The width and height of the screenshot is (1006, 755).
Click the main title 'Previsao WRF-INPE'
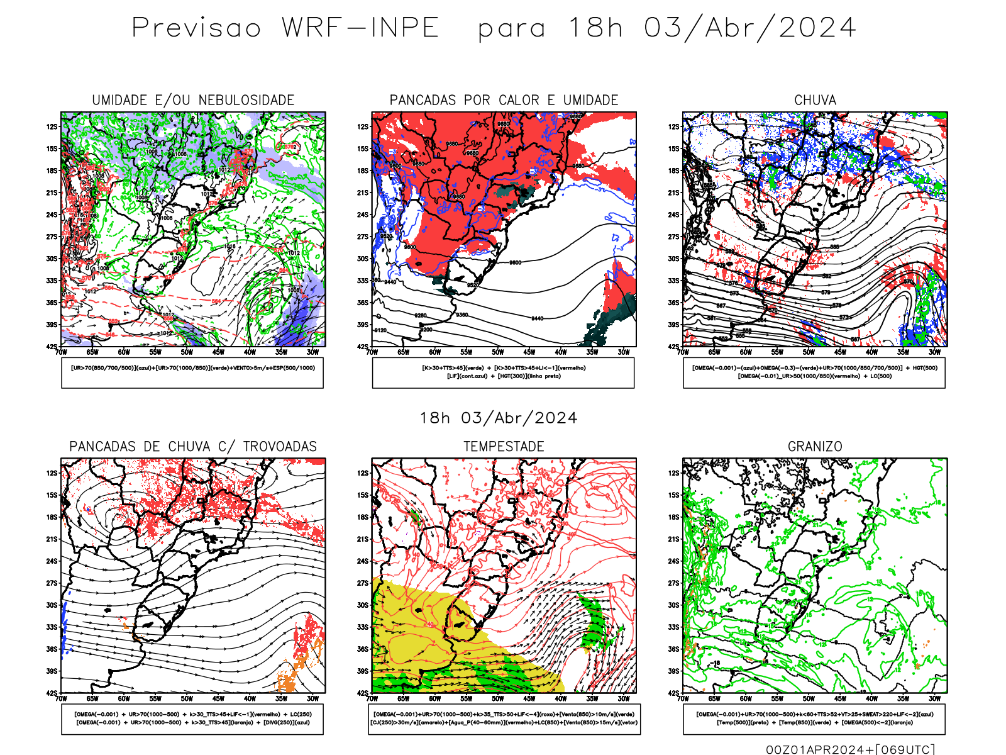click(x=285, y=28)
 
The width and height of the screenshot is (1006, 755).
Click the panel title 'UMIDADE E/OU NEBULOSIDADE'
click(x=193, y=100)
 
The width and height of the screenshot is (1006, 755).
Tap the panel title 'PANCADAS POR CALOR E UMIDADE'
click(x=504, y=100)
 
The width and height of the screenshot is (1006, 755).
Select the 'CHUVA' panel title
click(x=815, y=100)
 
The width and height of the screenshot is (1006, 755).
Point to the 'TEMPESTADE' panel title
click(x=504, y=447)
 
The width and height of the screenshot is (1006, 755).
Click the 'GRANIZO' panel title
click(x=815, y=447)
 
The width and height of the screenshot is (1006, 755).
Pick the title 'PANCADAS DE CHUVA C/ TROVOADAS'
click(x=193, y=447)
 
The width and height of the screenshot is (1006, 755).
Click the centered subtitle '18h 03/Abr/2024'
click(x=499, y=418)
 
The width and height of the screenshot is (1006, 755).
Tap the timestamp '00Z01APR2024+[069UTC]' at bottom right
click(x=850, y=749)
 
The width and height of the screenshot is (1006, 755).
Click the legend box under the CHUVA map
click(x=814, y=372)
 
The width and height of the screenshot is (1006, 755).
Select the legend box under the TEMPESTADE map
click(x=504, y=719)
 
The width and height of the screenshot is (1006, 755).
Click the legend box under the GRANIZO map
click(x=814, y=719)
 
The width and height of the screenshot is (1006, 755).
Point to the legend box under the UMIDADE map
click(x=192, y=372)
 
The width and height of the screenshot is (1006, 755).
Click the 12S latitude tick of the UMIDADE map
click(x=52, y=127)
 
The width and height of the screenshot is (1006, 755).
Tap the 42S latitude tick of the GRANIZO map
click(x=674, y=693)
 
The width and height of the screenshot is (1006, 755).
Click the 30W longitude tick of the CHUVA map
click(x=934, y=352)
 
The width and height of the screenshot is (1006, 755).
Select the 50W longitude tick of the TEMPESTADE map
click(x=498, y=698)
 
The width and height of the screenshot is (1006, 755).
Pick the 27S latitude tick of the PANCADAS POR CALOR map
click(x=363, y=237)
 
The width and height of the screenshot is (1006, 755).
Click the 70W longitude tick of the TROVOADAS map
click(x=61, y=698)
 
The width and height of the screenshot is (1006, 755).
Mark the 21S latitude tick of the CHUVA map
click(x=674, y=193)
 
